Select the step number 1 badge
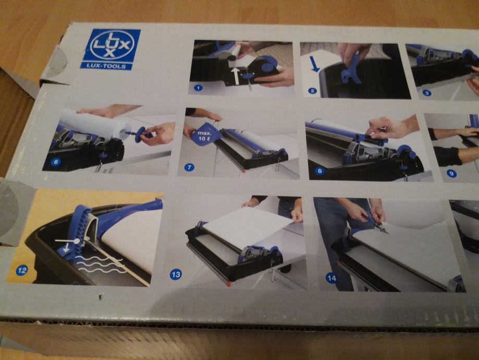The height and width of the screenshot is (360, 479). (198, 88)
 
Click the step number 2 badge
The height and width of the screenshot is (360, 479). (312, 91)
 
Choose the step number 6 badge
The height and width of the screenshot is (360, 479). (56, 162)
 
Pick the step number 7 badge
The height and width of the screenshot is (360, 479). (189, 167)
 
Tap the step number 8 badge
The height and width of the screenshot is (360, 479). (320, 171)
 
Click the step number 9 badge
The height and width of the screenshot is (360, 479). (451, 174)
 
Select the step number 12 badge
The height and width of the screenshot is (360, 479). (22, 270)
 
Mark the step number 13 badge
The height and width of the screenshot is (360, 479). (176, 274)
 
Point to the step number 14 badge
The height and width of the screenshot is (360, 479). (331, 278)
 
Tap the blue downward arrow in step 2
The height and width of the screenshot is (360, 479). (315, 64)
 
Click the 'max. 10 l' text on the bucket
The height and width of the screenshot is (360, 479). (203, 136)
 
